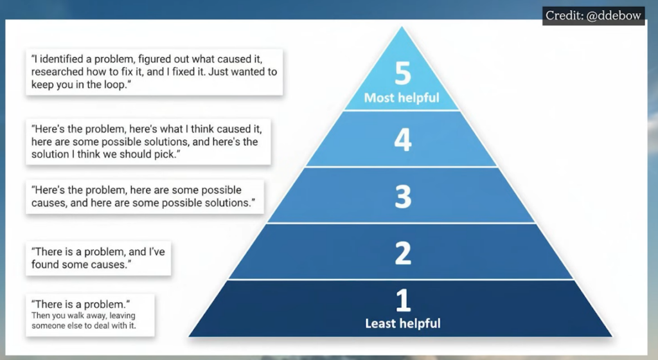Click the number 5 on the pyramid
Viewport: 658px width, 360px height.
(x=402, y=75)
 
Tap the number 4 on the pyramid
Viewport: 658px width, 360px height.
(x=402, y=139)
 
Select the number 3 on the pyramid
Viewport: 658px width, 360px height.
(x=402, y=197)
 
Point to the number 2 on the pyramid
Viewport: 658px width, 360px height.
(x=402, y=253)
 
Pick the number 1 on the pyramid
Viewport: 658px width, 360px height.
(x=402, y=300)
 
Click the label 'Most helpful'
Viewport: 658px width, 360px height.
(x=402, y=98)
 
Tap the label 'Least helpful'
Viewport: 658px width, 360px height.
(x=403, y=323)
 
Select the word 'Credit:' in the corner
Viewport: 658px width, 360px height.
(x=563, y=15)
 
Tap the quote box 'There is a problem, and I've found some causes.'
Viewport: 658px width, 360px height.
(x=98, y=258)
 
